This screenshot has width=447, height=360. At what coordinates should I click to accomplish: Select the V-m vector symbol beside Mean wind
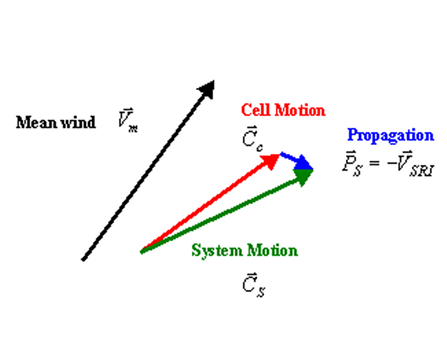click(127, 122)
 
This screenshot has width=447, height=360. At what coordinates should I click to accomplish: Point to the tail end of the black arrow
click(83, 259)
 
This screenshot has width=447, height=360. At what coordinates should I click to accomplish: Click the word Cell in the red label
click(255, 110)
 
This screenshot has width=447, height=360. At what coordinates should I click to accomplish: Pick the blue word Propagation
click(390, 135)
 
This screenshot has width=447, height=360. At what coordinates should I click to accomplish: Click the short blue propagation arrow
click(296, 161)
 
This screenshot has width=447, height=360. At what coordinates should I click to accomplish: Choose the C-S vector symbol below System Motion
click(253, 284)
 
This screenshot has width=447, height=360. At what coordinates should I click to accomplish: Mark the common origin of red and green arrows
click(142, 251)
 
